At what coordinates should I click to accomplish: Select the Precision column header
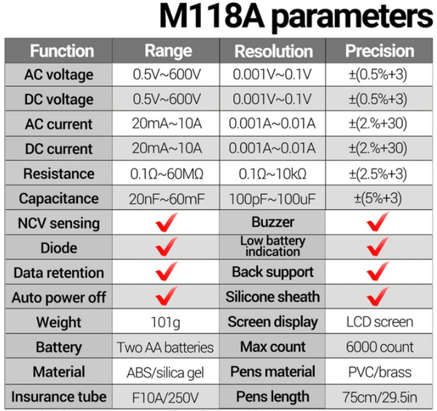tap(379, 51)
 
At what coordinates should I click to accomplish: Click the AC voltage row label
tap(58, 75)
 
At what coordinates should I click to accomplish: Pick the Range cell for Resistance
tap(168, 174)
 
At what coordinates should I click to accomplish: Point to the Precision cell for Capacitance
tap(379, 199)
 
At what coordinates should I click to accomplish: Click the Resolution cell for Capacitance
tap(272, 199)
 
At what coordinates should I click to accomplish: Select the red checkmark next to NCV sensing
tap(168, 223)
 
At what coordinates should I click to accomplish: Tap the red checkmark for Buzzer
tap(379, 223)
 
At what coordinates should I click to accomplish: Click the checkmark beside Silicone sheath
tap(379, 297)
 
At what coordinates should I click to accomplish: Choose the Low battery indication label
tap(272, 247)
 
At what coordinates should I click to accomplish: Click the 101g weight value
tap(168, 322)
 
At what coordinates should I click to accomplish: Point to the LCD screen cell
tap(379, 322)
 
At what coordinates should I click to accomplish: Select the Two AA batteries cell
tap(166, 347)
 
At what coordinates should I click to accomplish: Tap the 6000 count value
tap(379, 347)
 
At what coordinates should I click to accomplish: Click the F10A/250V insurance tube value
tap(168, 397)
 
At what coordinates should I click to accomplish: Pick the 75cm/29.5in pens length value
tap(379, 397)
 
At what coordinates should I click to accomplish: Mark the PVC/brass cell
tap(379, 372)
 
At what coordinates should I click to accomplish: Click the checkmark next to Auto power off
tap(168, 297)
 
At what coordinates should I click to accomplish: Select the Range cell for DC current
tap(168, 149)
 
